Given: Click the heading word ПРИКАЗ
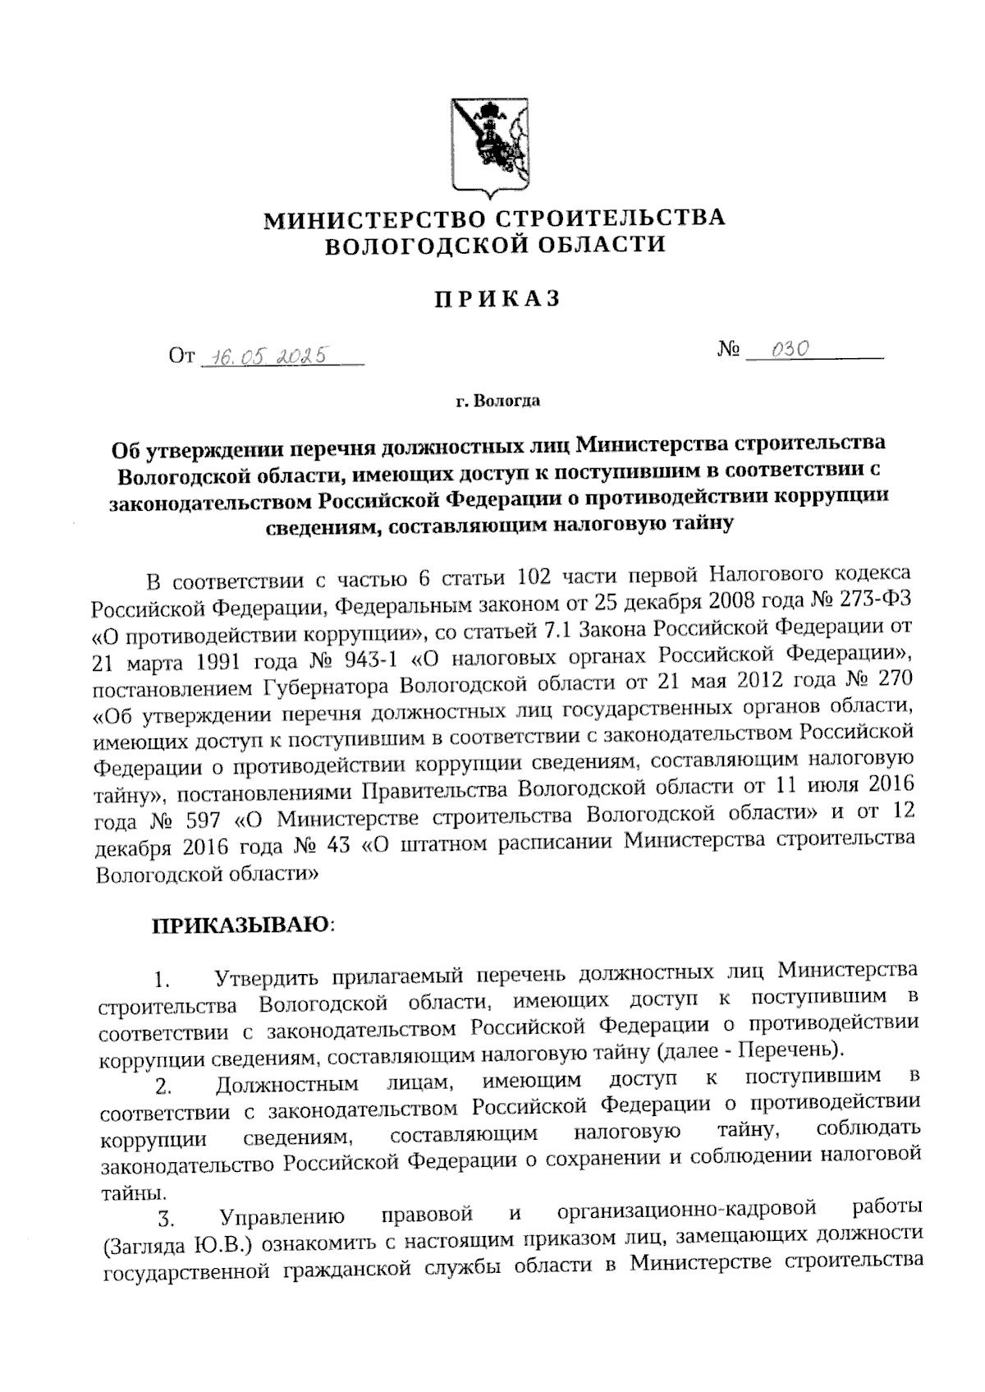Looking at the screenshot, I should coord(497,300).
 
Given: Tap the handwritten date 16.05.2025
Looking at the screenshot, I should coord(265,355).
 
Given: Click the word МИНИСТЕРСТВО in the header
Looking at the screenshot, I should coord(374,219).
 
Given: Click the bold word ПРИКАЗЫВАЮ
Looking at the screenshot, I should coord(239,924).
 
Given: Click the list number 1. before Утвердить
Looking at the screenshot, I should coord(161,981).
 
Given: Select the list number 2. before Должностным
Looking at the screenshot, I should coord(163,1089).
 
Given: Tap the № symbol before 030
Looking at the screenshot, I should coord(729,351).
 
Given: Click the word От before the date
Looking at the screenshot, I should coord(182,356).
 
